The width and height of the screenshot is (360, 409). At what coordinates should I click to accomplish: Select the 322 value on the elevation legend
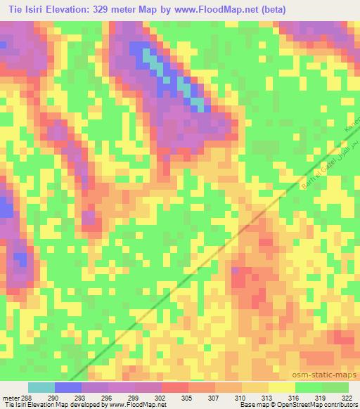(x=347, y=397)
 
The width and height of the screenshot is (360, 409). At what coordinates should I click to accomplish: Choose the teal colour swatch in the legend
(x=41, y=387)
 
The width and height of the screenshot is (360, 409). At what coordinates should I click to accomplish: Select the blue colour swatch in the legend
(x=68, y=387)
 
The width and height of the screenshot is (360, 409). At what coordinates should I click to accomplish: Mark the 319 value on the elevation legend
(x=321, y=397)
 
